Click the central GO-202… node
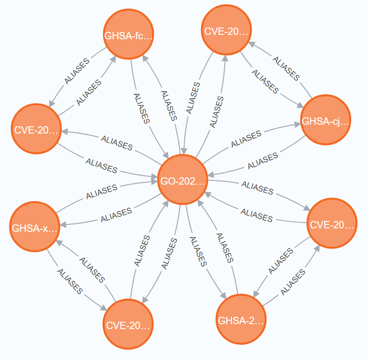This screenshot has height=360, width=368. [183, 181]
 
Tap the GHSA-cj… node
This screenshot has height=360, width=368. [325, 121]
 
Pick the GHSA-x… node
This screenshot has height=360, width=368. [35, 228]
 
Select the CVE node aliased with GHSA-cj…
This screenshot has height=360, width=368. [227, 32]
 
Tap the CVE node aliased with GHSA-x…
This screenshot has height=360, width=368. [129, 325]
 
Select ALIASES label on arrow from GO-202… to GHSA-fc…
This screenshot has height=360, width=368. [167, 104]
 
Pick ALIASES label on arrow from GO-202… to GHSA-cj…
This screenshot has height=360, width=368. [246, 138]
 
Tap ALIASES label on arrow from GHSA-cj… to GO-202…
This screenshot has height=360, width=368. [262, 160]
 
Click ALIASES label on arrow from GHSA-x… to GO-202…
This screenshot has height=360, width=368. [102, 192]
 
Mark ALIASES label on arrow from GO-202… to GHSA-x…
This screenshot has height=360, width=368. [116, 215]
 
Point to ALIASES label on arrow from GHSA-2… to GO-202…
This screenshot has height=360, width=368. [224, 246]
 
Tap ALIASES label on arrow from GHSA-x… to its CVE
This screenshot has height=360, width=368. [70, 281]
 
